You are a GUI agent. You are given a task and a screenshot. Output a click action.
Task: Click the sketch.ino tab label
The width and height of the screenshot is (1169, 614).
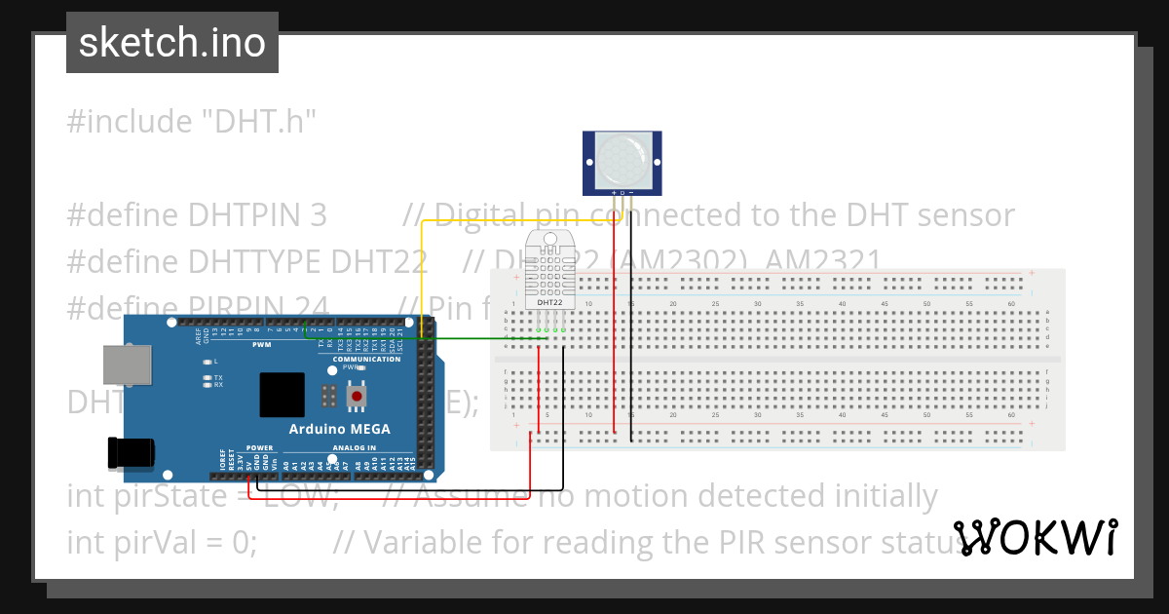point(171,43)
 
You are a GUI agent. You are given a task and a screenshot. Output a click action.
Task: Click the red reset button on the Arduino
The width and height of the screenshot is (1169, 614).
point(357,396)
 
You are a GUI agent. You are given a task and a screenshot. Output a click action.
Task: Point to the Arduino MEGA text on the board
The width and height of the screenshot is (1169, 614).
point(339,429)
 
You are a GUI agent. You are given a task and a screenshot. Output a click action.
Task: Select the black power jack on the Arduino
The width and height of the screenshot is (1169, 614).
point(130,452)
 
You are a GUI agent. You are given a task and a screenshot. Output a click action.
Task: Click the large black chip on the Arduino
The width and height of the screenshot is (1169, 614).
point(283,397)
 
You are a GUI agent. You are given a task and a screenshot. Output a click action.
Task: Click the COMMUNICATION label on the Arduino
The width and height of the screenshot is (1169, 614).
point(366,360)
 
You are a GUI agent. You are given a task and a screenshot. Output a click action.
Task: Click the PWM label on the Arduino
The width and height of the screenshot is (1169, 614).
point(262,344)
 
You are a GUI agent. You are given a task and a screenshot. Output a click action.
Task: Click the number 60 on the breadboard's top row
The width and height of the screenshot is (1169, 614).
point(1010,304)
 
